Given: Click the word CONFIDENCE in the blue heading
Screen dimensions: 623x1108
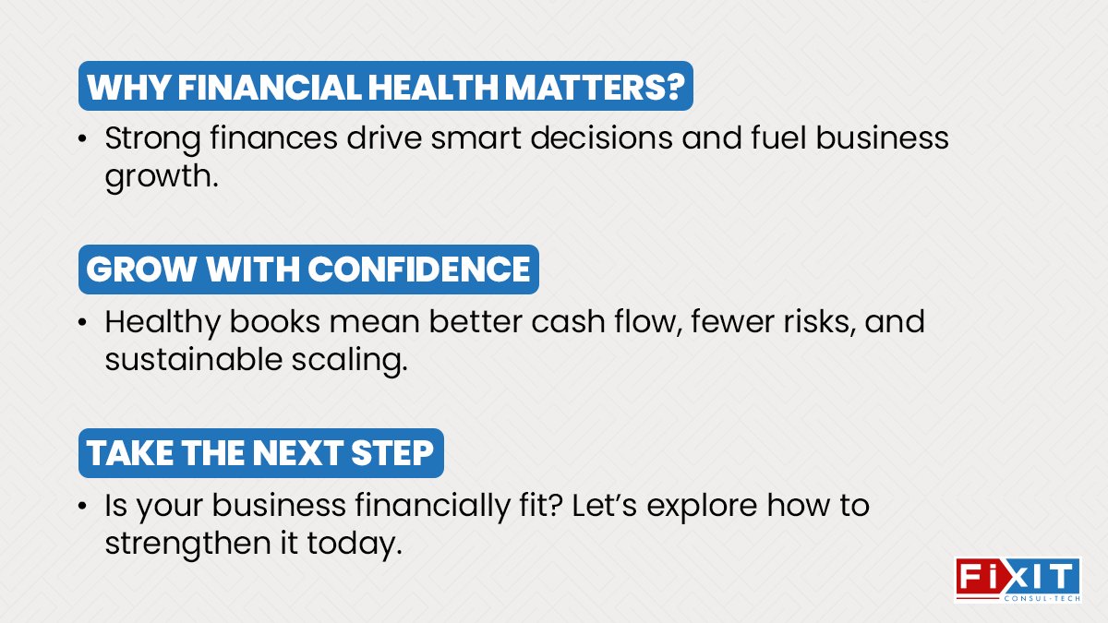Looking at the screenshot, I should point(419,270).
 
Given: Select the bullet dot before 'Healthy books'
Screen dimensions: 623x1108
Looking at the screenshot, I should point(83,324).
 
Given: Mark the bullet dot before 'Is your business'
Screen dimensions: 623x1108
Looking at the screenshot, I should point(83,507).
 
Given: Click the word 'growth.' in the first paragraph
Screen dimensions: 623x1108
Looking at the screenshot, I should point(162,176).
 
